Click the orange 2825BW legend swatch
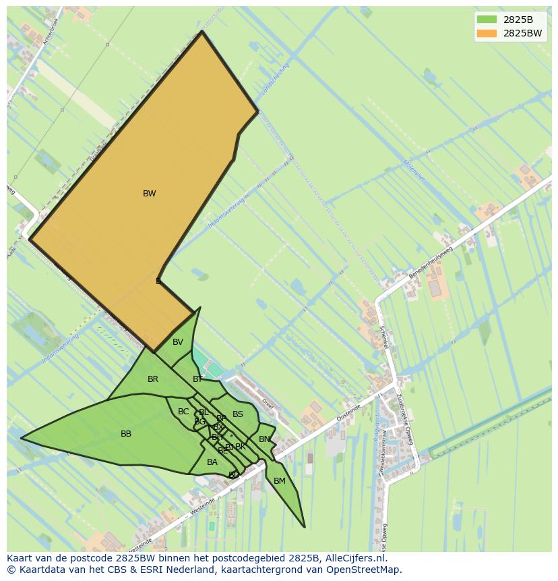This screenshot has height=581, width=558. [487, 33]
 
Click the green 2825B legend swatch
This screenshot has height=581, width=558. [487, 20]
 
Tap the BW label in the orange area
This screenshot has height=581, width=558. [150, 194]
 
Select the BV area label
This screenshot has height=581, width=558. [178, 342]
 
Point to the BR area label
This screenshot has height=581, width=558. [153, 379]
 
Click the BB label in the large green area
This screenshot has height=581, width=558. [126, 434]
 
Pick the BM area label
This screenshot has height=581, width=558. [280, 481]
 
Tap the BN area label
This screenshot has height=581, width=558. [265, 439]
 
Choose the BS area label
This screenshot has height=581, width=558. [238, 414]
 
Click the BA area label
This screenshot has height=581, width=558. [212, 462]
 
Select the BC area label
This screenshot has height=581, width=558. [183, 412]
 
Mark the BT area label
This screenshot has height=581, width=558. [197, 379]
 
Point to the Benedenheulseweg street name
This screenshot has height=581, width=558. [431, 262]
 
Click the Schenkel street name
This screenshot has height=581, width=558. [383, 335]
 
